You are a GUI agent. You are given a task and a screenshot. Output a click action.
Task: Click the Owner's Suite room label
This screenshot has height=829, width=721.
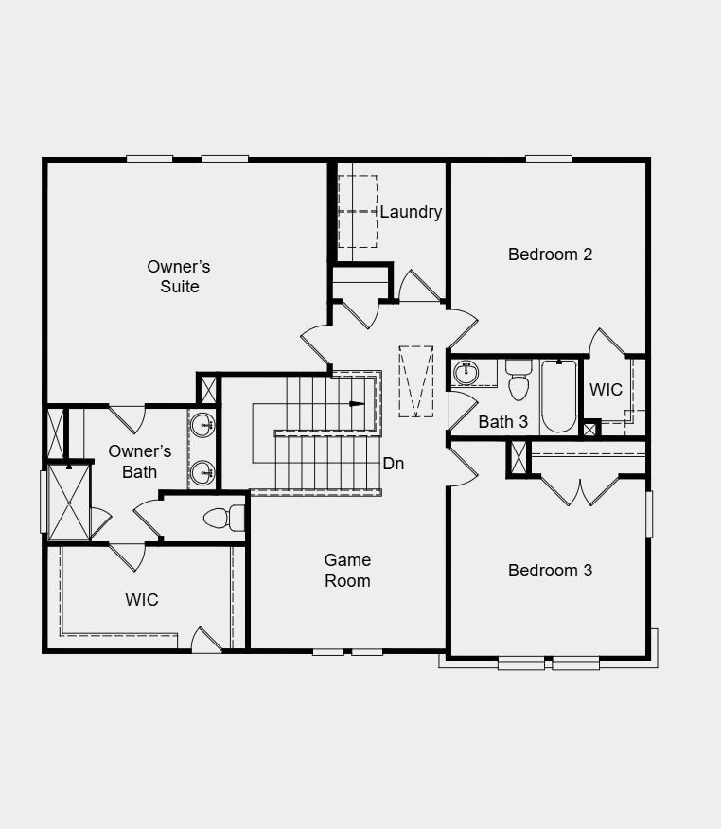(x=179, y=276)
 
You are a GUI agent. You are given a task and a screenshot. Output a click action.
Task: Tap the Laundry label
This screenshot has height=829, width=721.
(x=411, y=212)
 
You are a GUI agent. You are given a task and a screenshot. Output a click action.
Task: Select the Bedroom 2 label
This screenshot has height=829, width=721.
(x=550, y=254)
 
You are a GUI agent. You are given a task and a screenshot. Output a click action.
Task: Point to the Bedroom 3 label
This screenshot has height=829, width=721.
(x=550, y=570)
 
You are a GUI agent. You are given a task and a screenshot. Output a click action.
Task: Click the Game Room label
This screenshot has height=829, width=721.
(x=347, y=571)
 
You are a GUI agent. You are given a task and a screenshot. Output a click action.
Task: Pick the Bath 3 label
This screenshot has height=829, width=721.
(x=502, y=422)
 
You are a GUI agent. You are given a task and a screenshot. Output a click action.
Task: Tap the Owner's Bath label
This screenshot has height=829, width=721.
(x=140, y=461)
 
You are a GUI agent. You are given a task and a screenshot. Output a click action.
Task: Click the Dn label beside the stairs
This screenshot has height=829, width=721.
(x=394, y=464)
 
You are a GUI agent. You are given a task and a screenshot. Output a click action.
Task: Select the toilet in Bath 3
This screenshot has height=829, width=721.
(x=519, y=381)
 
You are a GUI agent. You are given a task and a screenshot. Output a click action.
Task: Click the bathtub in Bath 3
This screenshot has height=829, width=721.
(x=559, y=397)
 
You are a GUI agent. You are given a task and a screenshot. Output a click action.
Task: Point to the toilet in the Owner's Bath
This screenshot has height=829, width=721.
(x=221, y=519)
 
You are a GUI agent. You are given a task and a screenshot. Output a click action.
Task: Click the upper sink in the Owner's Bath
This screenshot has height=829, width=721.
(x=201, y=426)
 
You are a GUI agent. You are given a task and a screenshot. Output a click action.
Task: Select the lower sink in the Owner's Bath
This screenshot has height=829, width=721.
(x=201, y=470)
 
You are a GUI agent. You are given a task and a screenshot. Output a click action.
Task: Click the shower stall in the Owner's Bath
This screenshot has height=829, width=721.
(x=68, y=502)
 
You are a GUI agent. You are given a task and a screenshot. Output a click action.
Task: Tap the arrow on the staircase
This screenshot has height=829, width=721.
(x=357, y=404)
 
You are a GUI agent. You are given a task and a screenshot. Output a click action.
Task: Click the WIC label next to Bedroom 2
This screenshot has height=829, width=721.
(x=606, y=390)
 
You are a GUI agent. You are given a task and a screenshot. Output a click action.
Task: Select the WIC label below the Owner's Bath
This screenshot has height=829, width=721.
(x=142, y=599)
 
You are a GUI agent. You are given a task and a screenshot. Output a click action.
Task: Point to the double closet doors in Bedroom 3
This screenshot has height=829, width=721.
(x=580, y=490)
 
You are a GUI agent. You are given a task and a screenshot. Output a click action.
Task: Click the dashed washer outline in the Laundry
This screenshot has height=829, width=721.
(x=358, y=194)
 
